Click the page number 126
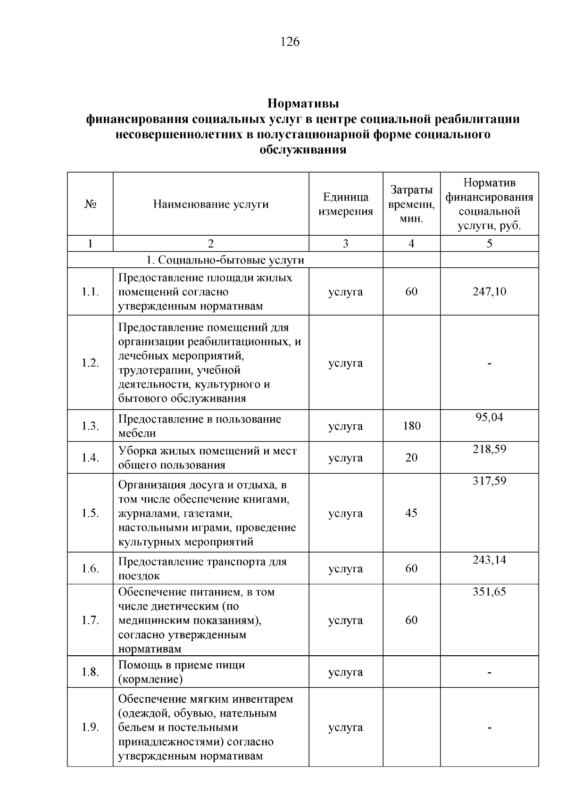tap(290, 42)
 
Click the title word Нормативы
tap(303, 103)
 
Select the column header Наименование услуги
tap(211, 204)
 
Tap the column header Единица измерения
tap(346, 204)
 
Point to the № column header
tap(90, 204)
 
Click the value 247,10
tap(489, 292)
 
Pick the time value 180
tap(411, 426)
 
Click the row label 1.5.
tap(90, 513)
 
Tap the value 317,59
tap(489, 481)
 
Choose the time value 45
tap(411, 513)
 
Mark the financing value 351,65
tap(489, 592)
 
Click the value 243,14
tap(489, 560)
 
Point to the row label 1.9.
tap(90, 727)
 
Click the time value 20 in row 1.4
tap(411, 458)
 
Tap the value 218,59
tap(489, 449)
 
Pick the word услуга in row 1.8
tap(346, 672)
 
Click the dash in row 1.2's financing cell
tap(489, 363)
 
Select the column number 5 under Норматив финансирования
tap(489, 244)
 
